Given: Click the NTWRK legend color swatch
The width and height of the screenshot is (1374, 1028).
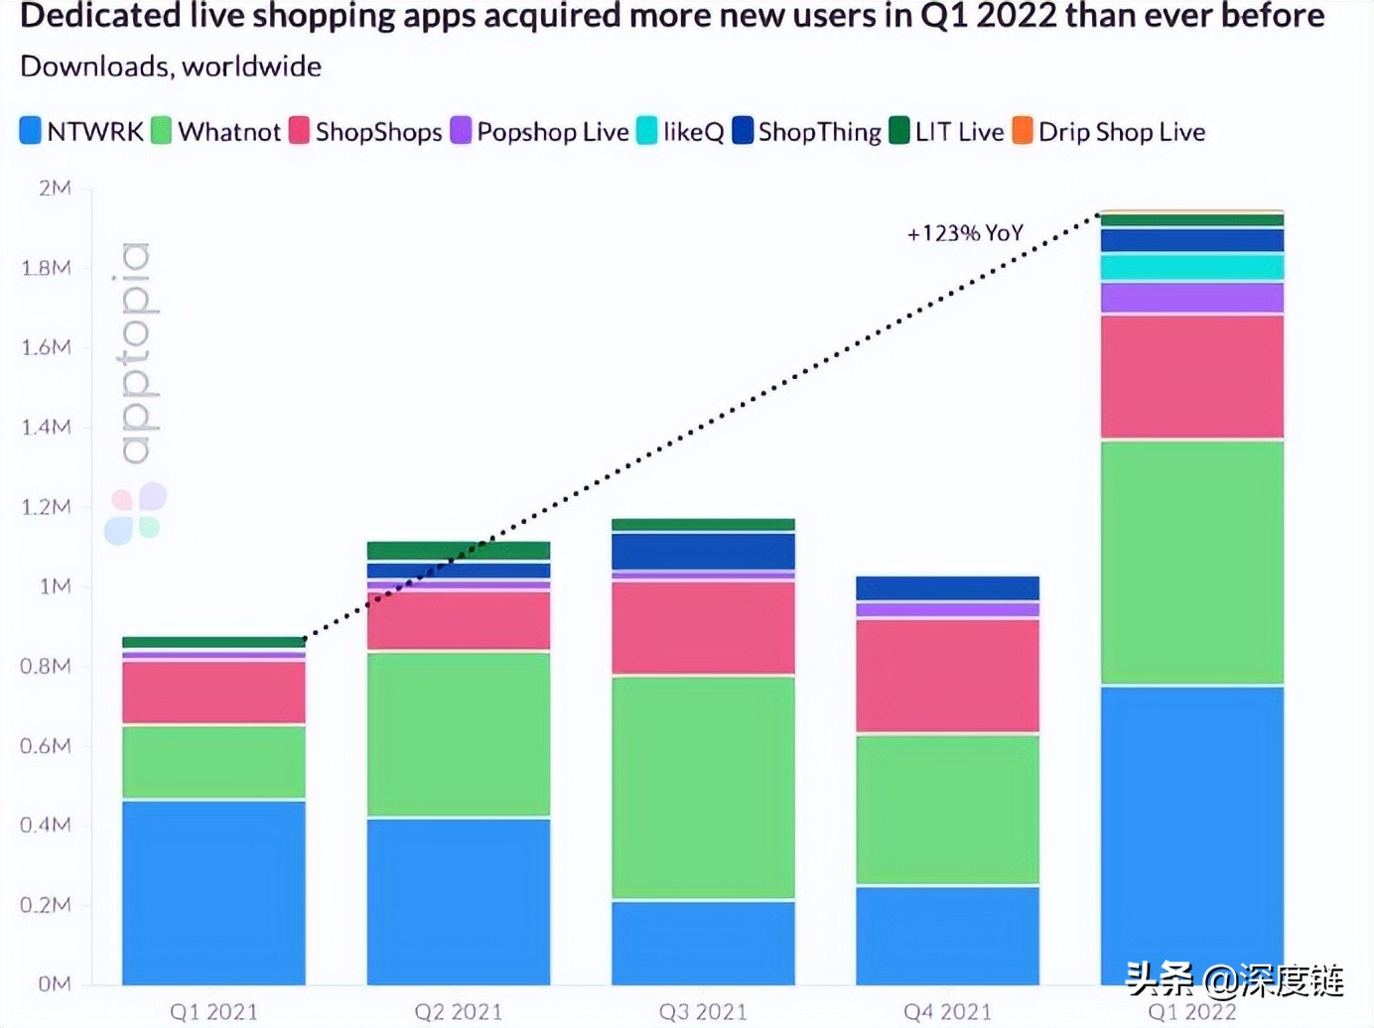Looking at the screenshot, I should point(31,131).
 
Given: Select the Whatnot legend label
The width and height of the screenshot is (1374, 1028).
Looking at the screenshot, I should point(228,132).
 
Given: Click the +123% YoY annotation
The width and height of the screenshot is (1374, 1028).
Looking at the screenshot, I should point(964,233).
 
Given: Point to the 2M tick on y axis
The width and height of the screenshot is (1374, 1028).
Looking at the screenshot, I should point(55,188).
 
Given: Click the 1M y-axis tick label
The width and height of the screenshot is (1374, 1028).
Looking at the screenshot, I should point(55,586).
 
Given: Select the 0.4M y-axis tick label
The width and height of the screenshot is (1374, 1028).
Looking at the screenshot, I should point(46,825).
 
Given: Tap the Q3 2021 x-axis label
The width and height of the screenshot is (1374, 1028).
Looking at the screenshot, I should point(703,1011).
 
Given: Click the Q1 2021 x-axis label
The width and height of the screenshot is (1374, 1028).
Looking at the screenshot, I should point(213,1011).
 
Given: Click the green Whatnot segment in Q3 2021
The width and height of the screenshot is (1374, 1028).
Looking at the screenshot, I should point(703,787).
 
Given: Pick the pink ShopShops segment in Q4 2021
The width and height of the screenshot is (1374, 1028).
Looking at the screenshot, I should point(947,676).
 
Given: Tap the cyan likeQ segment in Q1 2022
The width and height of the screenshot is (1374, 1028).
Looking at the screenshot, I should point(1191,267).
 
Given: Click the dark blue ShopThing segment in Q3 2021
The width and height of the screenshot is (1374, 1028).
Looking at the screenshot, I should point(703,551).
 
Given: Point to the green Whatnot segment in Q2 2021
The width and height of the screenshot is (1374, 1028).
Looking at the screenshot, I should point(458,734).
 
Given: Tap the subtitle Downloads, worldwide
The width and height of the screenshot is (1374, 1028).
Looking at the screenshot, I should point(171,66).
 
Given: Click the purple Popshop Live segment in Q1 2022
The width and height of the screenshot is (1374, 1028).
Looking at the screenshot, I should point(1191,298).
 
